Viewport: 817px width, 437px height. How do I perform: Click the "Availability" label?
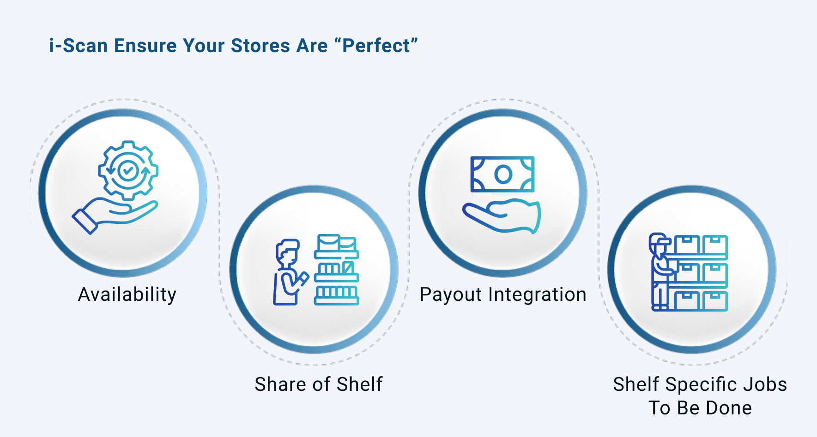click(127, 295)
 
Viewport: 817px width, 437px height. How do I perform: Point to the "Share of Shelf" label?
click(319, 384)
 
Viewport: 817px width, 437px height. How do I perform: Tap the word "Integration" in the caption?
click(537, 295)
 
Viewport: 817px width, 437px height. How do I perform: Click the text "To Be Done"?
click(700, 408)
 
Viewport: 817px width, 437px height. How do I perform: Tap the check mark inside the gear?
click(128, 171)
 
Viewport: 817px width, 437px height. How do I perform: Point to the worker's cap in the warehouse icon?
click(660, 239)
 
